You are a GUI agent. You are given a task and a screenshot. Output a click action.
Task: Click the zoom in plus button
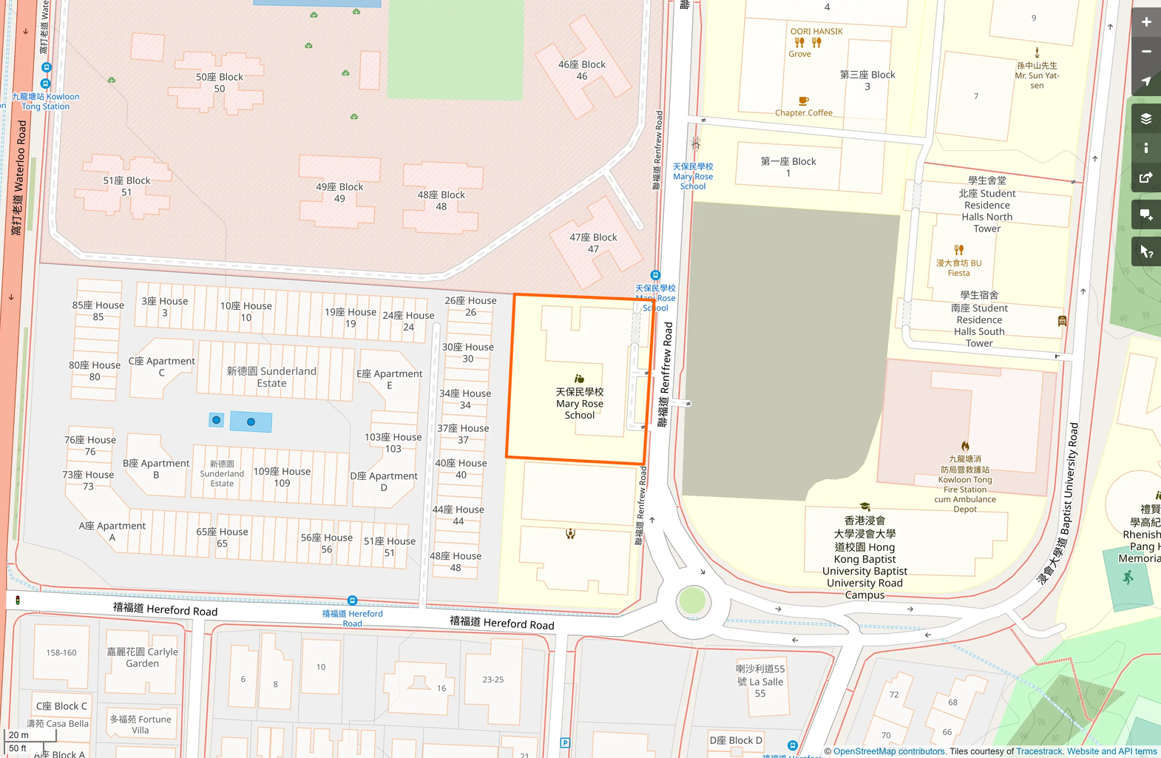1145,22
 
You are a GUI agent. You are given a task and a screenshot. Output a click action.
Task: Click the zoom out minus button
1145,52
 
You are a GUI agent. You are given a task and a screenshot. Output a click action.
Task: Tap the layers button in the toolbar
1145,118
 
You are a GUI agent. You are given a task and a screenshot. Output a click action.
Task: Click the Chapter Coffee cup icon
803,101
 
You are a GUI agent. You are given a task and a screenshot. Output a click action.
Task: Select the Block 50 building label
220,83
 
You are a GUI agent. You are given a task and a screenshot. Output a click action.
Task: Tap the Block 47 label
593,243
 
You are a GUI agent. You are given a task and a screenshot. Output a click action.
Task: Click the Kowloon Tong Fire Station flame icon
965,446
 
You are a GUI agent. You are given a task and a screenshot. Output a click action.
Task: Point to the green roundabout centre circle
692,601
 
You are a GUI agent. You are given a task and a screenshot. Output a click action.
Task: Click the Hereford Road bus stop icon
352,600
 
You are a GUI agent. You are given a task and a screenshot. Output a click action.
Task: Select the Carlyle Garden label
142,657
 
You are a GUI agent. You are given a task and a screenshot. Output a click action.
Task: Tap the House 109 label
282,477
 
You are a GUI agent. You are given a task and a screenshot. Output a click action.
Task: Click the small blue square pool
216,420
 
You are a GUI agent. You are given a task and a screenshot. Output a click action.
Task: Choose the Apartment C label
161,366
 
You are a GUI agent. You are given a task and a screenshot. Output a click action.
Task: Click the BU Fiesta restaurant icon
958,250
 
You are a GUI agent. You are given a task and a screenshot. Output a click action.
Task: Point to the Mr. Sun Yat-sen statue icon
1037,53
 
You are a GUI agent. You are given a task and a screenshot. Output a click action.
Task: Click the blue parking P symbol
565,742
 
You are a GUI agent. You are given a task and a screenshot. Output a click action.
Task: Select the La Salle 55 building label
760,681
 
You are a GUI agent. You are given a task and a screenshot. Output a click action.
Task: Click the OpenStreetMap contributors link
889,751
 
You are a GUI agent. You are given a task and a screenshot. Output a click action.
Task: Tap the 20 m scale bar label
19,735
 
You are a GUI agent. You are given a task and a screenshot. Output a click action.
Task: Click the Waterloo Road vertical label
19,177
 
